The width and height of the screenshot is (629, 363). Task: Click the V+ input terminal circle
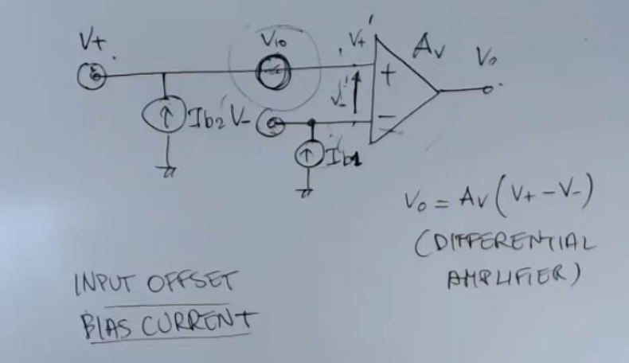pos(93,76)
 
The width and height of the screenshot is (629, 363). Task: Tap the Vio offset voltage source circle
pos(272,74)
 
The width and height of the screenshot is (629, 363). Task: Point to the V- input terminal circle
pos(273,125)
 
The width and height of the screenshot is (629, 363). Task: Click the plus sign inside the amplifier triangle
pos(388,77)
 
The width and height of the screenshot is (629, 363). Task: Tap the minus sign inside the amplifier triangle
pos(386,118)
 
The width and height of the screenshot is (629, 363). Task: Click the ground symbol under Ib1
pos(304,191)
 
